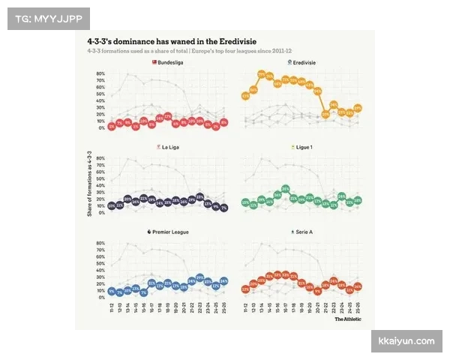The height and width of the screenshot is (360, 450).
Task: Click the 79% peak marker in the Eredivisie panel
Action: pyautogui.click(x=262, y=75)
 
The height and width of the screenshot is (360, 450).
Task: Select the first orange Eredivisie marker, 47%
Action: pyautogui.click(x=245, y=96)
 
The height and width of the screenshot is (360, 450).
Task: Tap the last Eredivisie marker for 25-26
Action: pyautogui.click(x=358, y=109)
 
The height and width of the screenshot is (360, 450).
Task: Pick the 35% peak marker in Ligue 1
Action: pyautogui.click(x=286, y=189)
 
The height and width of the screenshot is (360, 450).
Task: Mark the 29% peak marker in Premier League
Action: pyautogui.click(x=199, y=278)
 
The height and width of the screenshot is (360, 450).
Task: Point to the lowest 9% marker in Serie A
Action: pyautogui.click(x=318, y=292)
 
